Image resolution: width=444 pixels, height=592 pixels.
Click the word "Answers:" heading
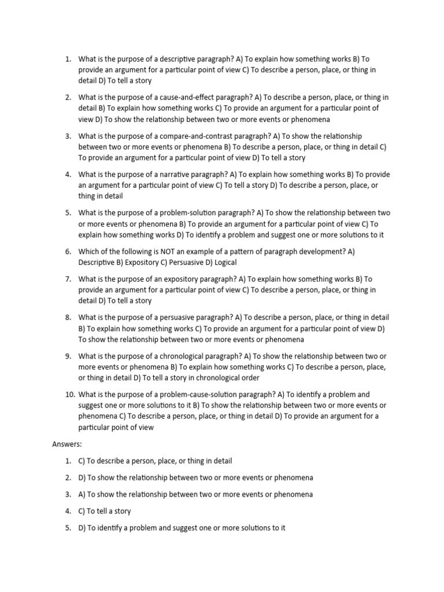[x=67, y=444]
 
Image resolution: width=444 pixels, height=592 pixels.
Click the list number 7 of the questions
[x=68, y=279]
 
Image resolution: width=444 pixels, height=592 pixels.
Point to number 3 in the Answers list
[x=68, y=494]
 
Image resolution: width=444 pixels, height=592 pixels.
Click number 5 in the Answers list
[x=68, y=528]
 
